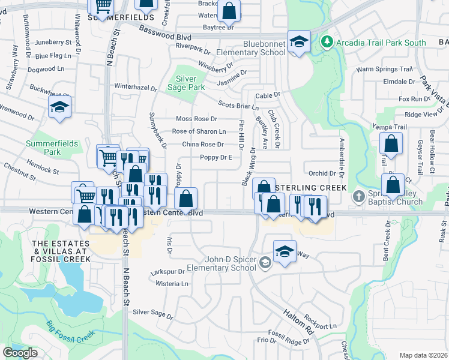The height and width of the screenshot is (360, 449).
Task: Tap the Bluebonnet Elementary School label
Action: (264, 48)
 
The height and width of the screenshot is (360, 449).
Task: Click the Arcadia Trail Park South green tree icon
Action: (327, 43)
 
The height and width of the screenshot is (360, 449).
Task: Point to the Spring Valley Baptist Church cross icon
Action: (358, 196)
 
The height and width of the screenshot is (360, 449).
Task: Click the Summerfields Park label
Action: (43, 148)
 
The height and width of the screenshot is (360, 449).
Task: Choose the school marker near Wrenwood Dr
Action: (59, 107)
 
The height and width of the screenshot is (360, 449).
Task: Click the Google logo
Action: (20, 353)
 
